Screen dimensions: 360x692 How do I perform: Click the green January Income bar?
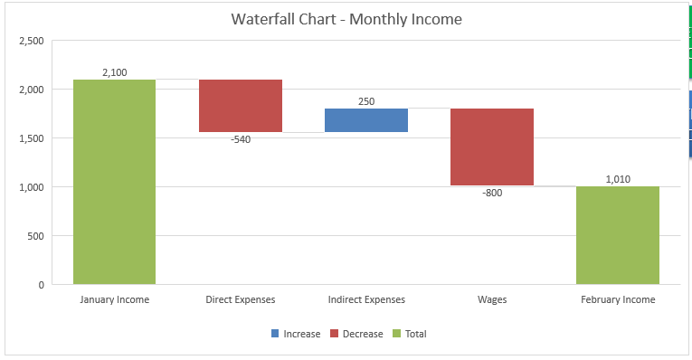(x=114, y=181)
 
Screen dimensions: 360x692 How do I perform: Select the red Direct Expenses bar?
(x=240, y=106)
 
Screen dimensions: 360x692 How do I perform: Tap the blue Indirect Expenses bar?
(x=365, y=120)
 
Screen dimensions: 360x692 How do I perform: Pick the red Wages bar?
(x=491, y=147)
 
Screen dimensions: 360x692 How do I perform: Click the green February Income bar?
(x=617, y=235)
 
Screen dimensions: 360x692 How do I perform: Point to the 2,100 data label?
(x=114, y=72)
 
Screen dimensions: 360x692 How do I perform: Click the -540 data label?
(x=240, y=140)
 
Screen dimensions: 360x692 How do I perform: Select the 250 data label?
(x=365, y=101)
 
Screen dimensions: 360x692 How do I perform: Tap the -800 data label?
(x=491, y=194)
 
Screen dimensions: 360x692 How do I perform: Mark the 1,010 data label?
(x=618, y=179)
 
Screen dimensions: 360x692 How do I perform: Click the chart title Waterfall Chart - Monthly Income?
(x=346, y=19)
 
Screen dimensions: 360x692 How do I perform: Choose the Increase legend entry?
(x=295, y=334)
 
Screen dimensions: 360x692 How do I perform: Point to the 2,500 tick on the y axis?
(x=31, y=41)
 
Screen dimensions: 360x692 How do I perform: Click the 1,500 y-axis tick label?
(x=31, y=138)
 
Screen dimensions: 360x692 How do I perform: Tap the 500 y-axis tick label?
(x=36, y=236)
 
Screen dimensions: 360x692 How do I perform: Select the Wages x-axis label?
(x=491, y=299)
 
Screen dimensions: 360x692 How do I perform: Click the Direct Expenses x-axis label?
(x=240, y=299)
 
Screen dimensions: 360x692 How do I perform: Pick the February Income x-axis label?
(x=617, y=299)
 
